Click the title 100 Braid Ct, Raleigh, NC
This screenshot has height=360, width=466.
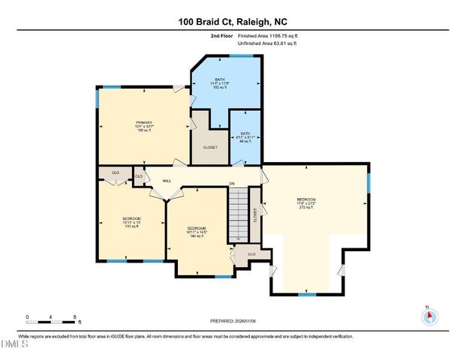click(x=233, y=22)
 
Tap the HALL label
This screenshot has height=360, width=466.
click(x=167, y=179)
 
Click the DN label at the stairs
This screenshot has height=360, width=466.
click(x=232, y=184)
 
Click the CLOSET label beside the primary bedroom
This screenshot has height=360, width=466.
click(x=210, y=148)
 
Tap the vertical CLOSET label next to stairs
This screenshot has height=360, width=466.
click(x=255, y=215)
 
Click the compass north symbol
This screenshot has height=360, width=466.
click(x=429, y=316)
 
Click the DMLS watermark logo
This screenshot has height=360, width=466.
click(x=14, y=344)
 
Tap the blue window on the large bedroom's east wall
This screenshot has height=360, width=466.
click(x=368, y=182)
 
